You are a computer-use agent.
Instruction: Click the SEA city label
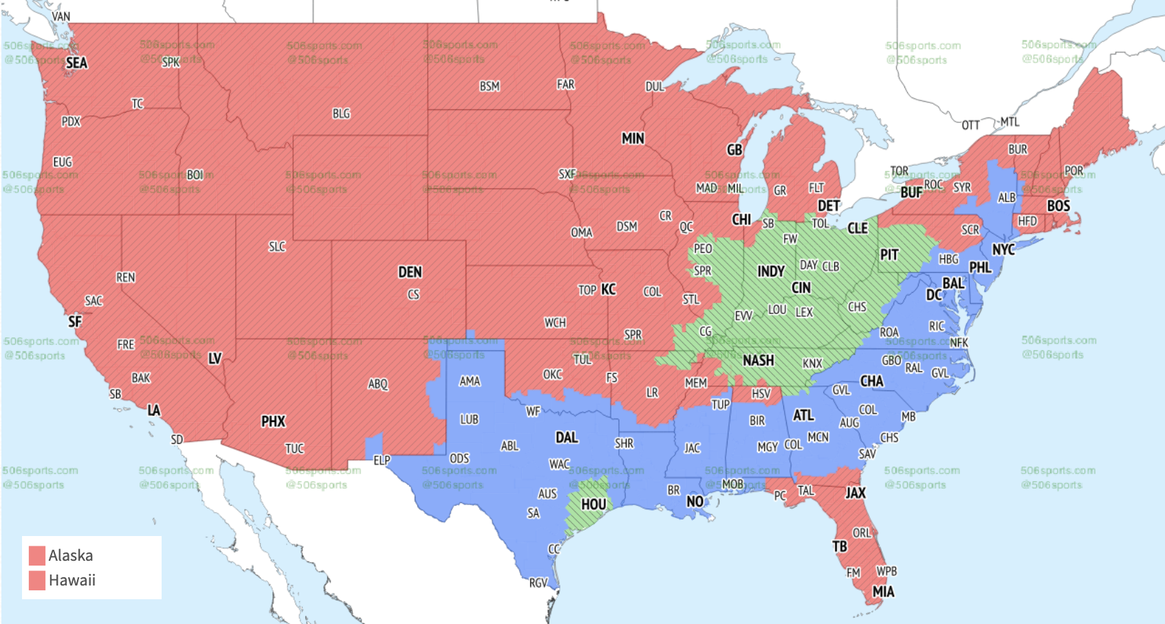(76, 63)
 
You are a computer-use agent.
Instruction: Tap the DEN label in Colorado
(410, 272)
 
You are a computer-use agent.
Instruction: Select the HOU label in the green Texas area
(594, 504)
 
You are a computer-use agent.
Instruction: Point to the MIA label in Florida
(883, 592)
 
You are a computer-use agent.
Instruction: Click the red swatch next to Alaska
(37, 555)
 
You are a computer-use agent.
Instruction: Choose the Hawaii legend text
(72, 580)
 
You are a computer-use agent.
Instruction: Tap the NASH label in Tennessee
(758, 361)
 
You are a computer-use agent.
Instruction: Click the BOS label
(1058, 206)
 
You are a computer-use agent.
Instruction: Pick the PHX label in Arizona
(273, 421)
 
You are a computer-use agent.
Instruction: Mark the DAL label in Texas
(567, 438)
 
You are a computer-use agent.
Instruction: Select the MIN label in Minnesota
(633, 139)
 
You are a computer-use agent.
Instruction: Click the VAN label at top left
(61, 16)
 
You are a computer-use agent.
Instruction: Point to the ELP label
(382, 460)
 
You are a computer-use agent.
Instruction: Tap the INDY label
(771, 271)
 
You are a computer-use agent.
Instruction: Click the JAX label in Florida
(856, 493)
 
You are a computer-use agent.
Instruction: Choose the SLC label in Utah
(276, 247)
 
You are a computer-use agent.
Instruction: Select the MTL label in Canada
(1010, 122)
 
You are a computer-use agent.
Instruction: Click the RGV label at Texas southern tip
(538, 583)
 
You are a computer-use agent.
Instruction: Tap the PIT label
(889, 255)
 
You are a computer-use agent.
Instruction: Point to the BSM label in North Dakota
(490, 87)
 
